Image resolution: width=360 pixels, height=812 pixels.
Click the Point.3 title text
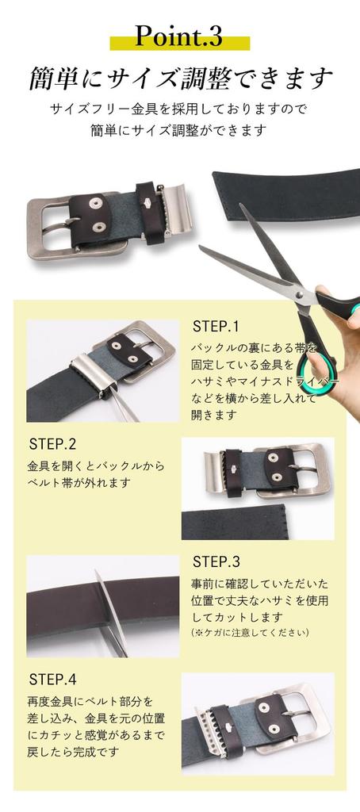coord(178,36)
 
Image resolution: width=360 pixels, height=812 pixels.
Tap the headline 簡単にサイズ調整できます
coord(179,79)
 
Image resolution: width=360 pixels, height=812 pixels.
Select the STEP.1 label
coord(216,326)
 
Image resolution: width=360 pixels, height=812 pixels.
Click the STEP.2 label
coord(52,443)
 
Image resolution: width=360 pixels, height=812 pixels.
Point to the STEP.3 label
coord(216,561)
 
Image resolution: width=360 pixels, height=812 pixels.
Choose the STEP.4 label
coord(52,680)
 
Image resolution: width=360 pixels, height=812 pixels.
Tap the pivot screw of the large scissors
coord(299,295)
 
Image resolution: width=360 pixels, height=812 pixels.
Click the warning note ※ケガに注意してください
coord(250,632)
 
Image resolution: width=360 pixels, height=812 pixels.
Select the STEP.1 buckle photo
coord(103,370)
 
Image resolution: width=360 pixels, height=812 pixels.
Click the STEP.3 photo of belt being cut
coord(103,606)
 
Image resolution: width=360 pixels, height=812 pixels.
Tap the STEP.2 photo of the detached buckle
coord(258,488)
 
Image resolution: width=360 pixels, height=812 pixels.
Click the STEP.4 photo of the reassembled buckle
coord(258,723)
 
